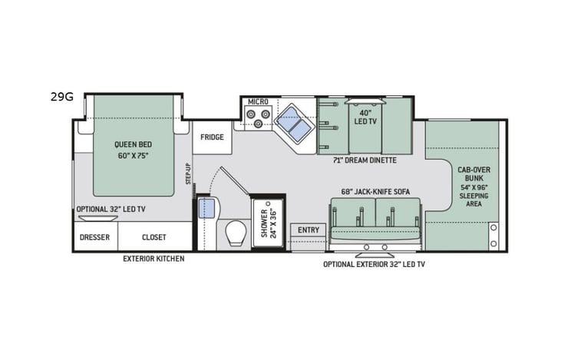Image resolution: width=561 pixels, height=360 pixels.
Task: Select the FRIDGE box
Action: point(212,137)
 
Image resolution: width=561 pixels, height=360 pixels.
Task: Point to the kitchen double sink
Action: point(293,122)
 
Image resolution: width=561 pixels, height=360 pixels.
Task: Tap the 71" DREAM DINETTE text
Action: point(365,160)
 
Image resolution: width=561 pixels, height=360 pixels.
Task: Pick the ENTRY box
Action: point(308,230)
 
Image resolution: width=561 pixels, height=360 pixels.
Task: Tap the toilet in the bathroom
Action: point(236,233)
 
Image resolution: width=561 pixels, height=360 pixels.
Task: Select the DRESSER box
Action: point(94,237)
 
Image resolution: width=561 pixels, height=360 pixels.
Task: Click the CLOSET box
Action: point(153,237)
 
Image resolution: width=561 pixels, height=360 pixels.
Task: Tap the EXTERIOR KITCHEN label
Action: point(153,259)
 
